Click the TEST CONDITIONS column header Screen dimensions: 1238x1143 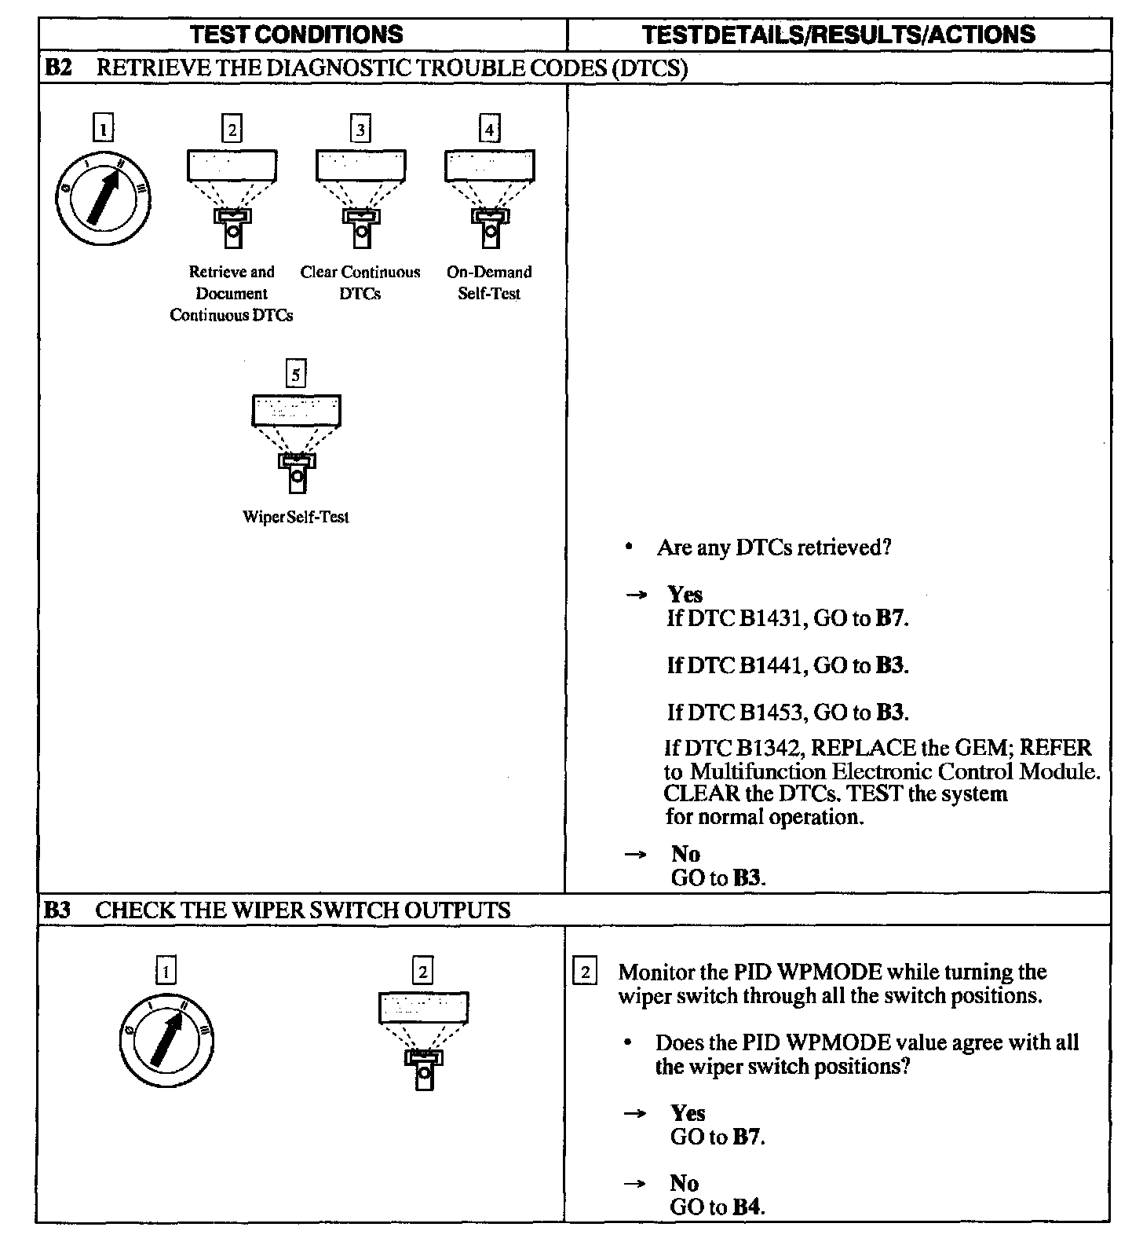(297, 35)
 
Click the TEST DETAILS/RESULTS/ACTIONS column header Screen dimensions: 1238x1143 (838, 35)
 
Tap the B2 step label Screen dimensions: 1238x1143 (58, 68)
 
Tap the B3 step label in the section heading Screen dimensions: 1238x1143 (58, 910)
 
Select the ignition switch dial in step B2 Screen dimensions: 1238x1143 (103, 197)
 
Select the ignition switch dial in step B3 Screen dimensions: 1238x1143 (166, 1040)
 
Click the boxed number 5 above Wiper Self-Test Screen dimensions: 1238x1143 (296, 375)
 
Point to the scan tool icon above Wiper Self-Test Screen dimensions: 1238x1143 (296, 443)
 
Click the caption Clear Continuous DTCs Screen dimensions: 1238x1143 (360, 283)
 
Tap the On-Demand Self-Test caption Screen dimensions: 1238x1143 (489, 283)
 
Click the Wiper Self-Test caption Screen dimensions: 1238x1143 (296, 517)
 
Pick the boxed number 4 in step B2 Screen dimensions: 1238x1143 (489, 129)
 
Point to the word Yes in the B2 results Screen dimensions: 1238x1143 (685, 595)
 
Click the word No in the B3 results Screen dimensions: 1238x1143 (685, 1183)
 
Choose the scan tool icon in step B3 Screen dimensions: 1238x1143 (424, 1040)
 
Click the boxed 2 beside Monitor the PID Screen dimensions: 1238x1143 (585, 972)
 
